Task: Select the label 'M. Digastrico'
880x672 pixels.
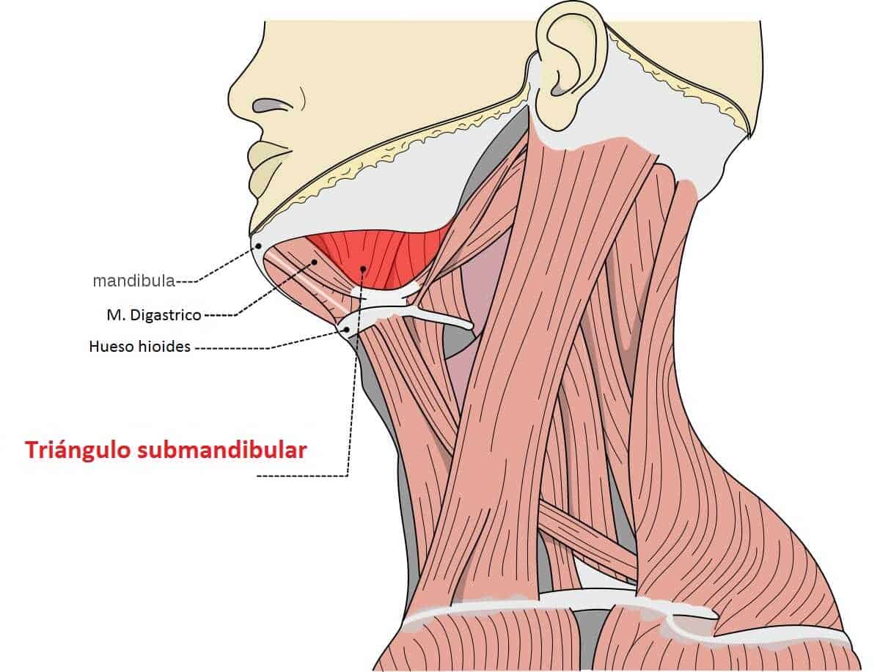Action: tap(153, 315)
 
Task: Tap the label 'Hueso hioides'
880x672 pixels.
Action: tap(139, 346)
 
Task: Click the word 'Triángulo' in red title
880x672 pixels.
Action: tap(78, 449)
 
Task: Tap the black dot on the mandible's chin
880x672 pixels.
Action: tap(258, 246)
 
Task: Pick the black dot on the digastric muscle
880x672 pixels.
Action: tap(315, 261)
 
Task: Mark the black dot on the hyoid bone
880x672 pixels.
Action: tap(346, 331)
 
